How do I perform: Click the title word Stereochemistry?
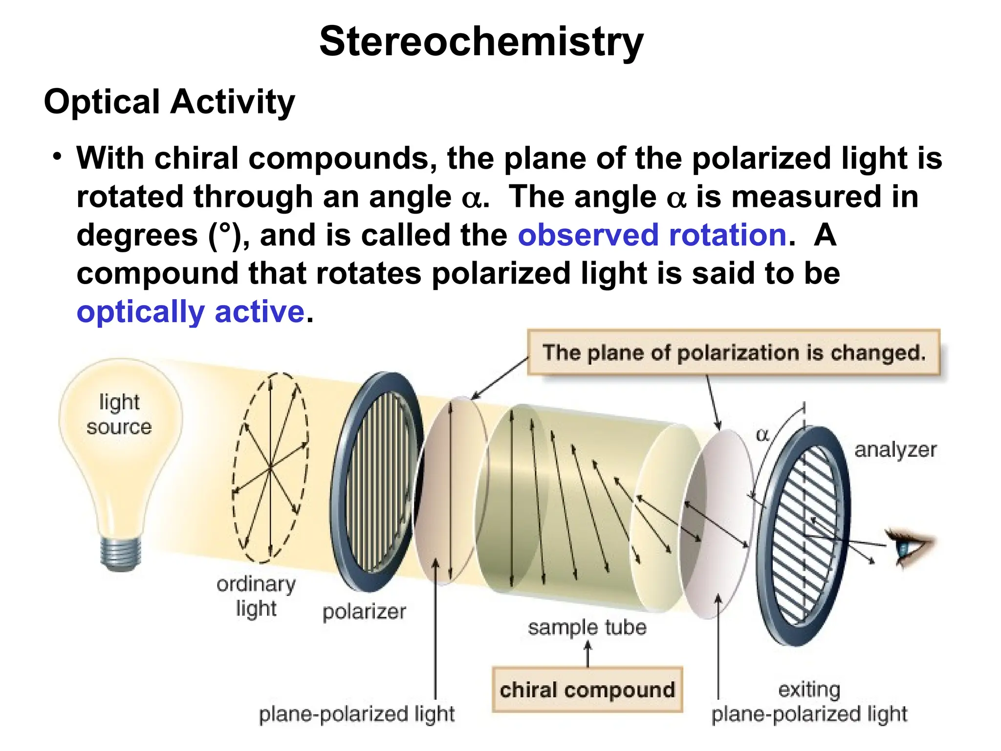(x=481, y=42)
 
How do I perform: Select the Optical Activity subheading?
(x=169, y=102)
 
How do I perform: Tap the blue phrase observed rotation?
(x=652, y=235)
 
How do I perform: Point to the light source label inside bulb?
(x=119, y=415)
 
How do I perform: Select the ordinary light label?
(x=256, y=596)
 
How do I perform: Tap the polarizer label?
(x=364, y=611)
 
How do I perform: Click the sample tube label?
(x=587, y=627)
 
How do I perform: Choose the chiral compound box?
(x=587, y=690)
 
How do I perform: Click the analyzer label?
(x=895, y=449)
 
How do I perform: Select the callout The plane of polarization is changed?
(x=733, y=353)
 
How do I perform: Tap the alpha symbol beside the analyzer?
(x=762, y=434)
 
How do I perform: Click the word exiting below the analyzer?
(x=809, y=689)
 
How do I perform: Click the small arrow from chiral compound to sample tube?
(x=588, y=654)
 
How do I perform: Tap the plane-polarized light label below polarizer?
(x=357, y=714)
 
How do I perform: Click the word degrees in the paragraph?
(x=137, y=235)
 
